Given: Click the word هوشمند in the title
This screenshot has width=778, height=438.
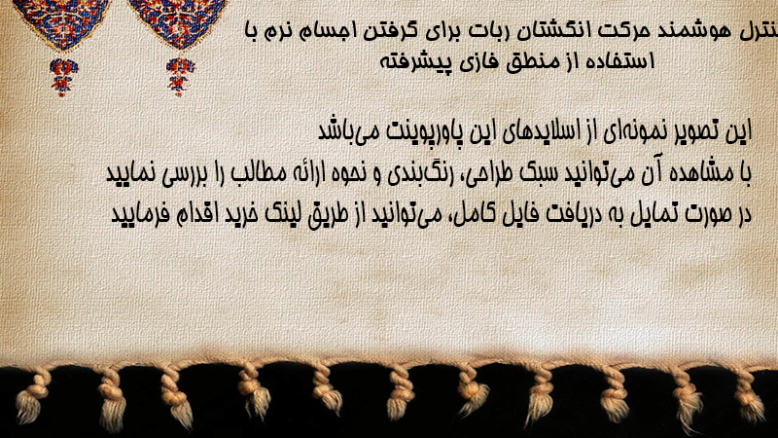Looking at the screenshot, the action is pos(692,31).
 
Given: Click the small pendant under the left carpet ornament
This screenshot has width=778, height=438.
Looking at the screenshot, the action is pos(63,77).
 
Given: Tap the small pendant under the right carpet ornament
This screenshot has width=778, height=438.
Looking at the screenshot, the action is pos(180,76).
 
